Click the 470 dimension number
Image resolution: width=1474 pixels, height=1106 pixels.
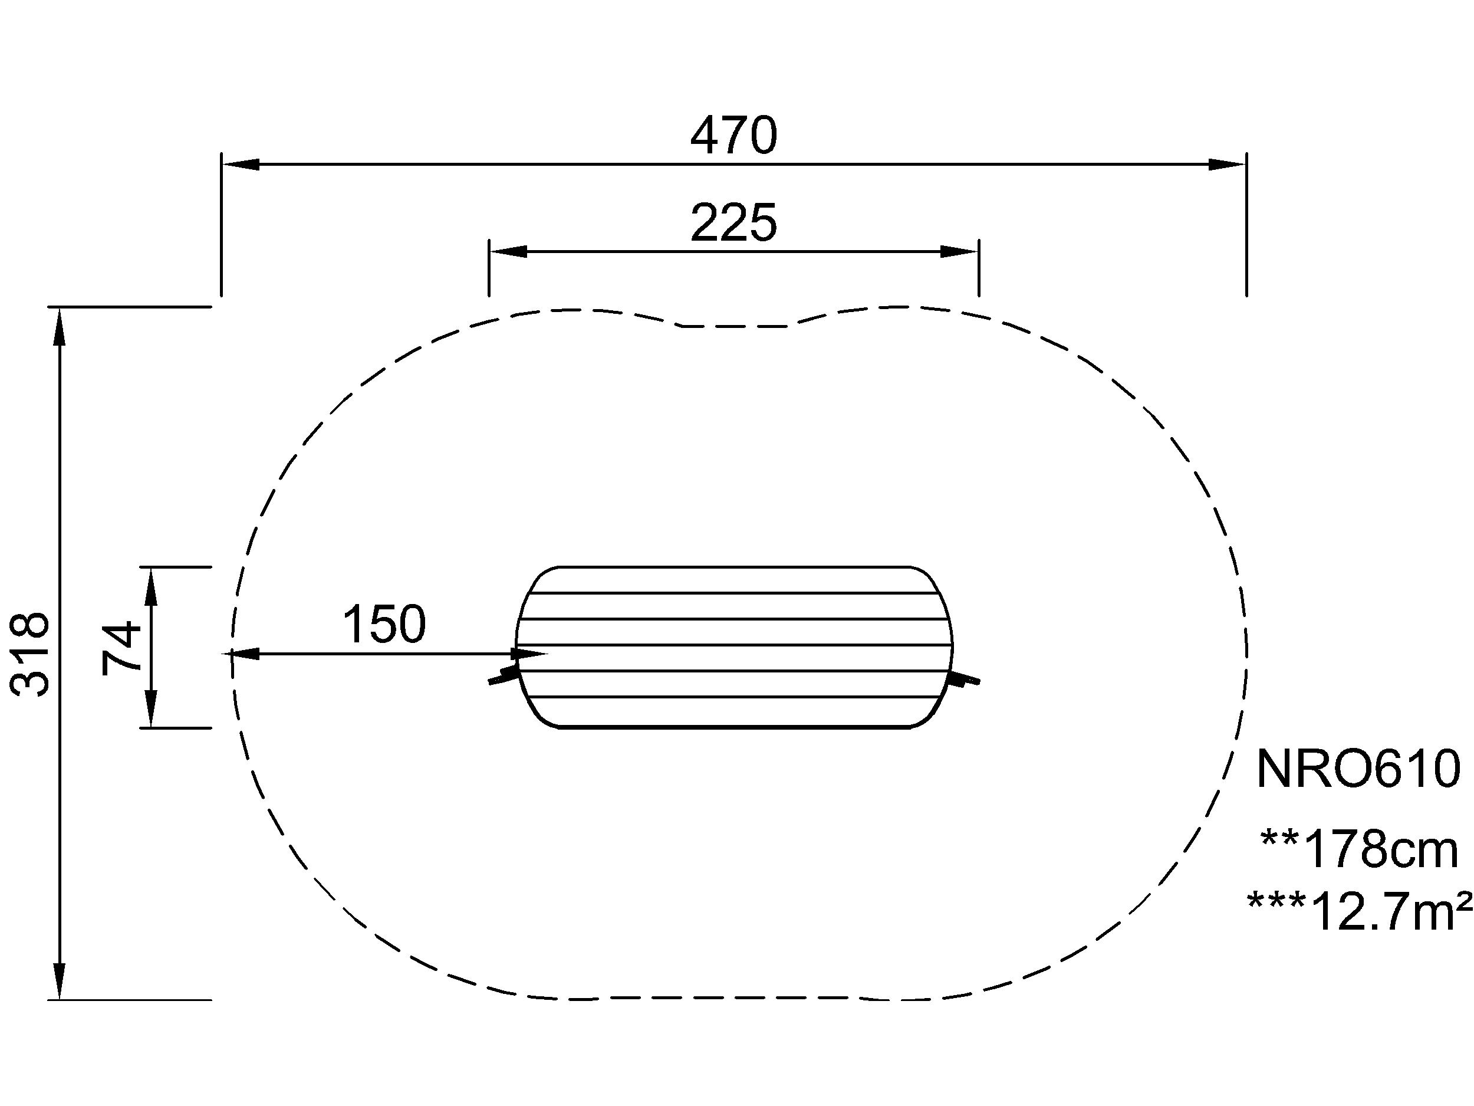(733, 136)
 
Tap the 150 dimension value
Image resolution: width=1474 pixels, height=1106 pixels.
(384, 624)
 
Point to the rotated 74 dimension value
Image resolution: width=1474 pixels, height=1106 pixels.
(122, 647)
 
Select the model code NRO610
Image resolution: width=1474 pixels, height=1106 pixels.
(1358, 770)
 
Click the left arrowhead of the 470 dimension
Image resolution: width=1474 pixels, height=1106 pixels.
(240, 165)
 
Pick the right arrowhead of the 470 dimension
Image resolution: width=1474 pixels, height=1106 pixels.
(1228, 165)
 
